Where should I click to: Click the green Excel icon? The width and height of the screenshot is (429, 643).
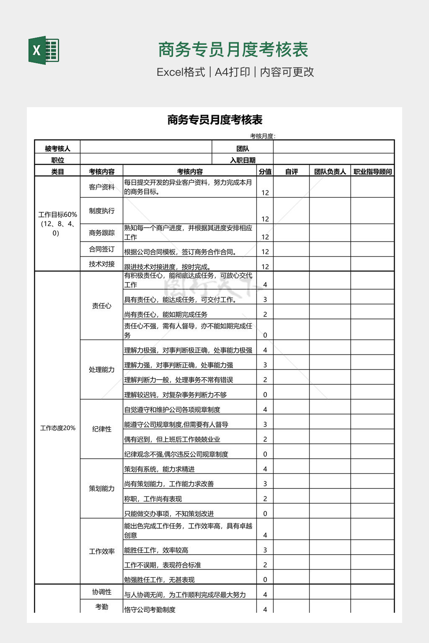click(44, 50)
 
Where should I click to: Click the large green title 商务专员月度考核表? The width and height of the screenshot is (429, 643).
click(233, 50)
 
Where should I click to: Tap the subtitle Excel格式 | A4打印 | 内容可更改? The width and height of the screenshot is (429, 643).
click(235, 72)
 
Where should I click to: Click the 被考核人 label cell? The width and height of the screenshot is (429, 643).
click(57, 149)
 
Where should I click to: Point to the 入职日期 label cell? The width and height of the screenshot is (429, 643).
click(243, 160)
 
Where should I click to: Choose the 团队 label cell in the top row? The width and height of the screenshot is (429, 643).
click(243, 149)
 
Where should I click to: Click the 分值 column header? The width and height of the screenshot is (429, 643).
click(265, 171)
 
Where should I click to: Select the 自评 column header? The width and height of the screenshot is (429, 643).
click(291, 171)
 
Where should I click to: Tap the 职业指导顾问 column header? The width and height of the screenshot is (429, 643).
click(372, 171)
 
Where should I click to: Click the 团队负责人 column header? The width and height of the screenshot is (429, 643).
click(330, 171)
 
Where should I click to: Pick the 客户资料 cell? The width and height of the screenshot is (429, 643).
click(101, 187)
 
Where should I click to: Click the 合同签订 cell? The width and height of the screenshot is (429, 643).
click(101, 249)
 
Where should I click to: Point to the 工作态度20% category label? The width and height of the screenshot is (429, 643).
click(57, 428)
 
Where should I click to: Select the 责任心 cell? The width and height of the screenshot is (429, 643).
click(101, 306)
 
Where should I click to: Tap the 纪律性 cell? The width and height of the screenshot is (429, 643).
click(101, 429)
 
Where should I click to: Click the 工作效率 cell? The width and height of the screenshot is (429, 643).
click(101, 551)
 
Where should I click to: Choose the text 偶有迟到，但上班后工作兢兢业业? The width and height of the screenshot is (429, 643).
click(172, 439)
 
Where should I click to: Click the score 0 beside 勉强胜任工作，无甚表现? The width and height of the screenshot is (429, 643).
click(265, 580)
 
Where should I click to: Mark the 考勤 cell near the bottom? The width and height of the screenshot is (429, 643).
click(101, 607)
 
